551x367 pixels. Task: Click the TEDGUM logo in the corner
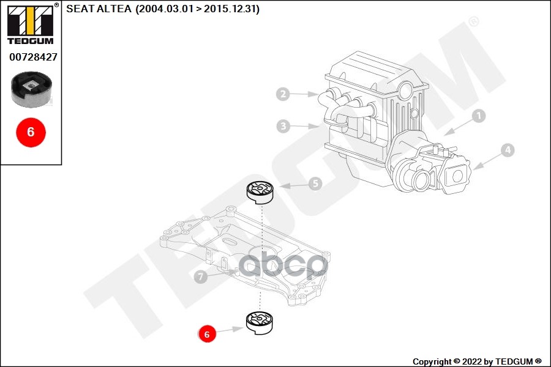(31, 24)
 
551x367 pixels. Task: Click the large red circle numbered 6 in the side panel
(31, 131)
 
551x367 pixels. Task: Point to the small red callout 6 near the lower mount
(207, 334)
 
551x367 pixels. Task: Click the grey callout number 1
(478, 115)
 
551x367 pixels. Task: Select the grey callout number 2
(282, 94)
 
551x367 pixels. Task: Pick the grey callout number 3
(282, 127)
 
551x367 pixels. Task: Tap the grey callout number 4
(508, 149)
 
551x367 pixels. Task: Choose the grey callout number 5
(315, 183)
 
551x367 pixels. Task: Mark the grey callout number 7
(200, 277)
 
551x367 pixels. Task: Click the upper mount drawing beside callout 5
(261, 192)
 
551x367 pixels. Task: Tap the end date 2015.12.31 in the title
(234, 10)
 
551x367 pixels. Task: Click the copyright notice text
(477, 361)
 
